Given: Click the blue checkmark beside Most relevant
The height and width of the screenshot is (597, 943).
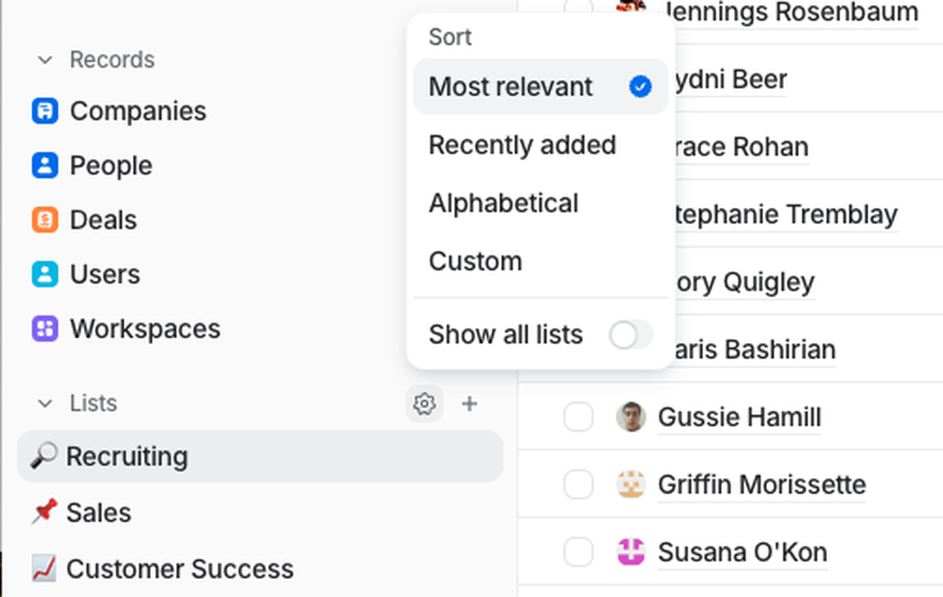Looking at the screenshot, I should pyautogui.click(x=640, y=86).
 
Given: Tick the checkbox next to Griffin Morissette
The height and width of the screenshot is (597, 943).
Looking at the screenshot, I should pyautogui.click(x=578, y=485).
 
